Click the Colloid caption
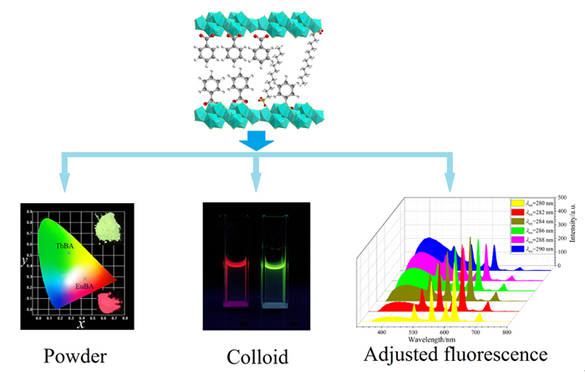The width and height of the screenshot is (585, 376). [x=257, y=357]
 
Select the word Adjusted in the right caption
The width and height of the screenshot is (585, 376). [x=399, y=354]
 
